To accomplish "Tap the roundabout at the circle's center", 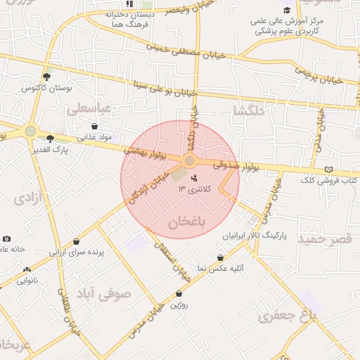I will click(189, 162).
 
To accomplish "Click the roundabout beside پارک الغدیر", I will click(30, 131).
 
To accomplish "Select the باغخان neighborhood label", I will click(186, 224).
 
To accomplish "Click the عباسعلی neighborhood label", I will click(89, 109).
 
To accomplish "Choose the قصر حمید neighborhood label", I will click(325, 239).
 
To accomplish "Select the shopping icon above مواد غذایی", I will click(95, 126).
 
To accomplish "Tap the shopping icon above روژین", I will click(179, 294).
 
